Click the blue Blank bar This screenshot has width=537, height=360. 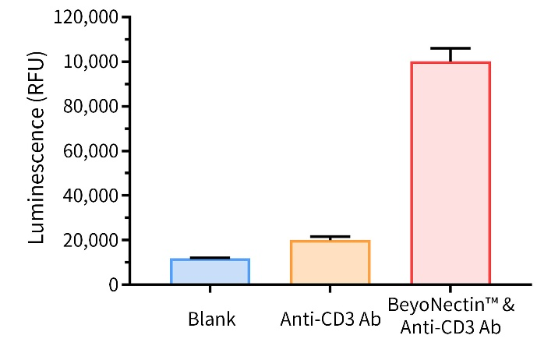tap(210, 271)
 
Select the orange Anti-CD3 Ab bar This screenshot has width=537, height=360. tap(329, 263)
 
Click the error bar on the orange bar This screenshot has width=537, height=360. tap(329, 237)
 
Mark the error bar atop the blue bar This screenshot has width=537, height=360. tap(210, 257)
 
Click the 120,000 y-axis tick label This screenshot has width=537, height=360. tap(87, 17)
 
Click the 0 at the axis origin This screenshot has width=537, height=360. tap(114, 284)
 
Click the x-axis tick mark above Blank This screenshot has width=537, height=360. tap(210, 289)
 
